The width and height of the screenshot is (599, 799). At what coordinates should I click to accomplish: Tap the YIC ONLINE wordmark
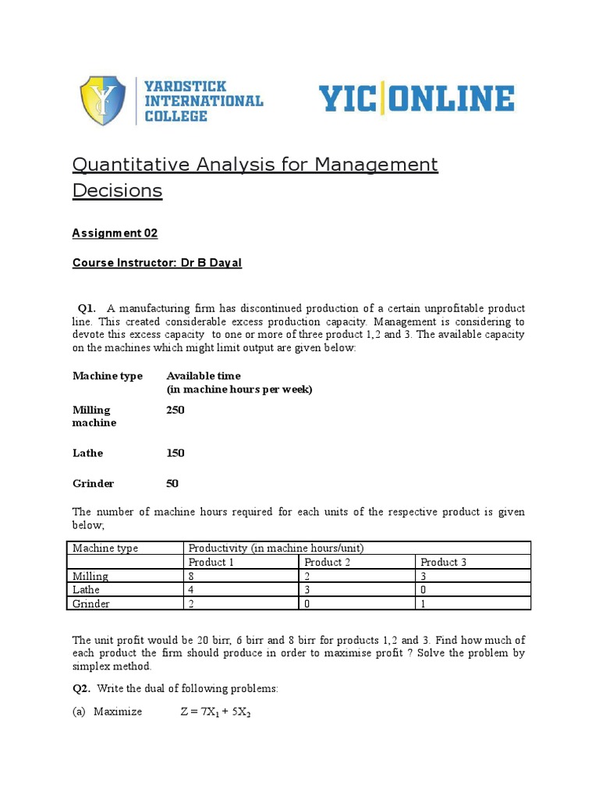tap(416, 100)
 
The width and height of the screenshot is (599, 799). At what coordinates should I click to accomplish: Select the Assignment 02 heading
tap(115, 233)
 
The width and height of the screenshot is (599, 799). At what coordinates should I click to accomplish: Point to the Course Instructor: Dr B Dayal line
tap(157, 263)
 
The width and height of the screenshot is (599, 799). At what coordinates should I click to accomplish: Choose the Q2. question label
tap(82, 689)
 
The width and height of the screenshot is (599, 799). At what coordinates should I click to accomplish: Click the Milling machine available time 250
tap(175, 410)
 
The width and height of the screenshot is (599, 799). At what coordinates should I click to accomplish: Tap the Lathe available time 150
tap(175, 453)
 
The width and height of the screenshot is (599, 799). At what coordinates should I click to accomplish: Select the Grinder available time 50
tap(172, 484)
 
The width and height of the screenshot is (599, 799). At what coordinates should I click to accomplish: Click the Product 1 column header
tap(211, 562)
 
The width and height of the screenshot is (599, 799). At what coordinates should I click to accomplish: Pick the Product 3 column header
tap(444, 562)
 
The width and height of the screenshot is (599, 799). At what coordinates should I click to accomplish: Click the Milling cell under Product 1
tap(192, 576)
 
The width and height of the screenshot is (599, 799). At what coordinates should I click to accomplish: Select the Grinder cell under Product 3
tap(424, 604)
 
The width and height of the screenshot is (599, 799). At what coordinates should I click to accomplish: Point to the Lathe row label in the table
tap(87, 590)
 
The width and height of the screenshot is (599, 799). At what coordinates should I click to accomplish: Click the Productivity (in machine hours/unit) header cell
tap(276, 548)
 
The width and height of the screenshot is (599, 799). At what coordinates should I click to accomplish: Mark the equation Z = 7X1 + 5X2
tap(218, 712)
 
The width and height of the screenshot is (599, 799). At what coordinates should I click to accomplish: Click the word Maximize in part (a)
tap(118, 712)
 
